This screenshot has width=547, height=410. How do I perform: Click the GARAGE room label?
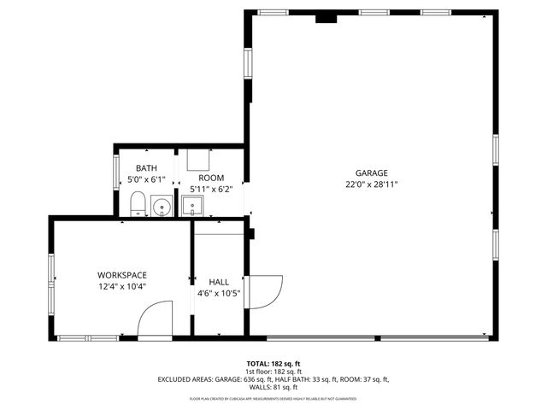(x=372, y=173)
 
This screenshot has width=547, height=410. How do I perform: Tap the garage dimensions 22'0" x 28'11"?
(x=372, y=184)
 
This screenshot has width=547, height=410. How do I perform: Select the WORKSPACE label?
(x=121, y=275)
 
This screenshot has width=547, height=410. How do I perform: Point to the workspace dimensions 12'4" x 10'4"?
(x=121, y=286)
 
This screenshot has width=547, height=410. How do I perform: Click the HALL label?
(x=219, y=281)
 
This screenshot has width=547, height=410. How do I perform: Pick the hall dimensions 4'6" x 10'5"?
(x=219, y=293)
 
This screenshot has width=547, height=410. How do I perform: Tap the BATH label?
(x=146, y=168)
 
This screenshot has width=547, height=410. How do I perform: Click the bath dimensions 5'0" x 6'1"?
(x=146, y=179)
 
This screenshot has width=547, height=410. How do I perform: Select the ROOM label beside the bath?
(x=211, y=178)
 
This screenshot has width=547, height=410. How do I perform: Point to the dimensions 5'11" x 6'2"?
(x=211, y=189)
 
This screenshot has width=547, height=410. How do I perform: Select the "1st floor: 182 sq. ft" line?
(x=273, y=371)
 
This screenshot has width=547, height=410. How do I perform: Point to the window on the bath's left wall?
(x=117, y=170)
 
